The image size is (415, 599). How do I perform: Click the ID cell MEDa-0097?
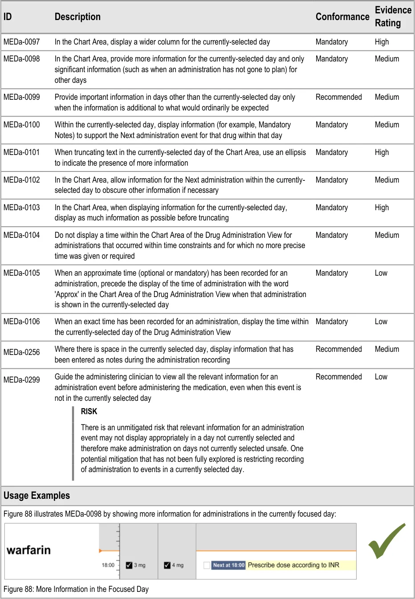[x=21, y=42]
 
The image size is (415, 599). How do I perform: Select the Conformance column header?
[x=342, y=17]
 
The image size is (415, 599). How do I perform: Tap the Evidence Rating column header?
[x=393, y=16]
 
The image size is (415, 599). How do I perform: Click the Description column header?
[x=77, y=17]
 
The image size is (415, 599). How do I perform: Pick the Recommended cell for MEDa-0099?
[x=338, y=97]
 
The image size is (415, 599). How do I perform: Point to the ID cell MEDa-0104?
[x=21, y=235]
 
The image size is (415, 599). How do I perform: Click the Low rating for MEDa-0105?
[x=381, y=273]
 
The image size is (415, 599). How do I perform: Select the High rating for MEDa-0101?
[x=382, y=152]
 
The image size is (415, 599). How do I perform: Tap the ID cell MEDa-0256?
[x=21, y=352]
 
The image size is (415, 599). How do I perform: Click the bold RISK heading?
[x=89, y=412]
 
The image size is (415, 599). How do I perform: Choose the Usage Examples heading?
[x=37, y=496]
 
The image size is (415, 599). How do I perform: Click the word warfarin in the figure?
[x=28, y=550]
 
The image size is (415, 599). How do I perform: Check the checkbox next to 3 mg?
[x=129, y=565]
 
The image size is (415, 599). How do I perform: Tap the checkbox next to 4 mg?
[x=167, y=565]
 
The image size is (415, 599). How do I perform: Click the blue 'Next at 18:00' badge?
[x=228, y=565]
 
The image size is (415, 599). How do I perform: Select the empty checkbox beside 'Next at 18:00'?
[x=207, y=565]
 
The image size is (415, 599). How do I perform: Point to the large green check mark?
[x=386, y=541]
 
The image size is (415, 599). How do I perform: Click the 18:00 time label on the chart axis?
[x=108, y=565]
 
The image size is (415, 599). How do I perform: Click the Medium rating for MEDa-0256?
[x=387, y=349]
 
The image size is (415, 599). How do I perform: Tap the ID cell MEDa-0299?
[x=21, y=380]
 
